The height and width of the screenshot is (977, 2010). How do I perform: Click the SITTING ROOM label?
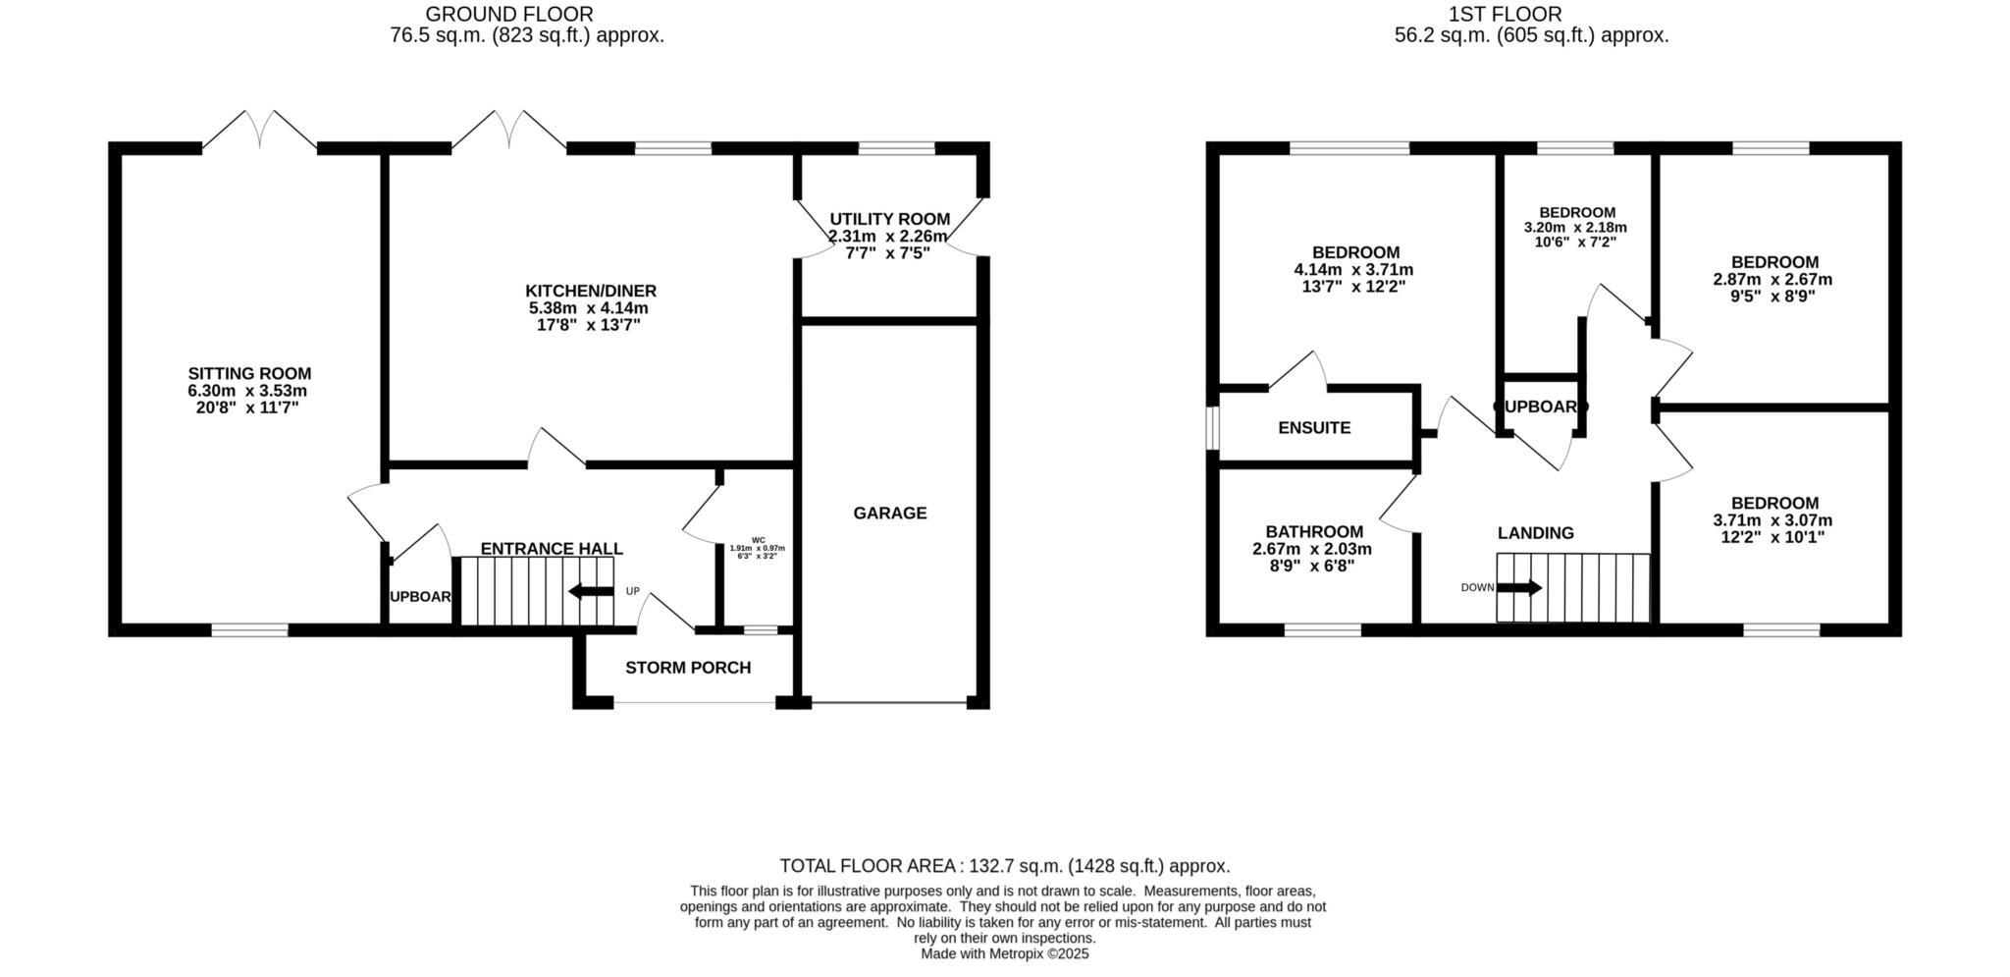(249, 373)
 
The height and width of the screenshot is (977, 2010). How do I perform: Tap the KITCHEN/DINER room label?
(590, 291)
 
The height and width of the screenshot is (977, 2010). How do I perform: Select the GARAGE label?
(889, 513)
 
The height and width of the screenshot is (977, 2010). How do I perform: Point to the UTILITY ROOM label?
(889, 219)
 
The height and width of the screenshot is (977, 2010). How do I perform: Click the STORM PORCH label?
(688, 668)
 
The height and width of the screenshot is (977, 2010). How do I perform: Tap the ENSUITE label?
(1314, 427)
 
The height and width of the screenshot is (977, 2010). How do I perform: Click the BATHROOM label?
(1313, 531)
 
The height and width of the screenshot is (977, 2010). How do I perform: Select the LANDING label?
(1535, 533)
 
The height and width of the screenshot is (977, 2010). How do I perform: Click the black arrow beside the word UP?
(591, 591)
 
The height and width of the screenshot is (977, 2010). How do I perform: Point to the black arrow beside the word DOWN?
(1518, 588)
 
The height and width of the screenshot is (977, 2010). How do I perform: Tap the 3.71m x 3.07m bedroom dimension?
(1772, 520)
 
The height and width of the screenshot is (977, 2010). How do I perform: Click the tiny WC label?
(758, 539)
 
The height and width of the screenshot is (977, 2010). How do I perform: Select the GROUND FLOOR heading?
(508, 14)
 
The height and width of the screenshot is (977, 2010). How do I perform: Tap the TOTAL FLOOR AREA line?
(1004, 866)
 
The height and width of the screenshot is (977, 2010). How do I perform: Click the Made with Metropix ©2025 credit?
(1004, 953)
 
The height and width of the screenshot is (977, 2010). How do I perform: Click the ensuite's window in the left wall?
(1213, 428)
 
